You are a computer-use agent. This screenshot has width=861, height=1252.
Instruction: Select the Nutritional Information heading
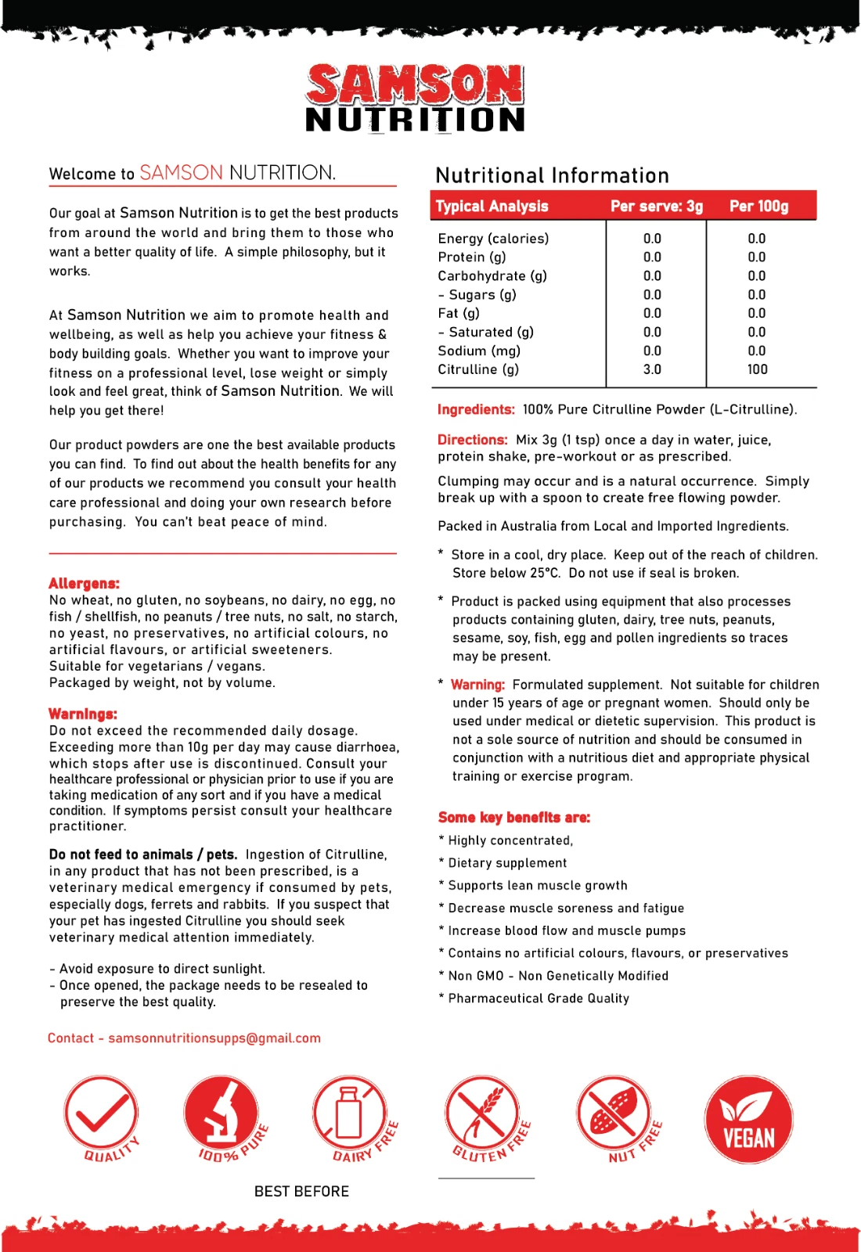pos(552,175)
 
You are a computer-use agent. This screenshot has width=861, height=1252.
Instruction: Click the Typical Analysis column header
pos(492,207)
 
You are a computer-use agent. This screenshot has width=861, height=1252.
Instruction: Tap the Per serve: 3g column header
pos(656,207)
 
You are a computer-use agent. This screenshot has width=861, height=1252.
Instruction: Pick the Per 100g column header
pos(758,207)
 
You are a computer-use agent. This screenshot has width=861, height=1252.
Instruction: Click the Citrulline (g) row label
pos(478,369)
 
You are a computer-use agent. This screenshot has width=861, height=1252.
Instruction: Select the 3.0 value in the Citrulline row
pos(652,369)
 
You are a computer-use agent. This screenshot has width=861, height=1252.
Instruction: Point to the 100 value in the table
pos(757,369)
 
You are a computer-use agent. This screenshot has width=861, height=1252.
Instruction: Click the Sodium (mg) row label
pos(479,351)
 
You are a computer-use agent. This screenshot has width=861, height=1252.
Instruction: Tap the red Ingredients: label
pos(476,409)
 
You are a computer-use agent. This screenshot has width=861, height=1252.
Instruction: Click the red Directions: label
pos(472,440)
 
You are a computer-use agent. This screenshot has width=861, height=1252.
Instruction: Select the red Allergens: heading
pos(84,583)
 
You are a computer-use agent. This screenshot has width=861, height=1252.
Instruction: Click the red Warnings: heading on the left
pos(82,714)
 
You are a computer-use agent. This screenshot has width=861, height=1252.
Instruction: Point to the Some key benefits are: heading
pos(513,817)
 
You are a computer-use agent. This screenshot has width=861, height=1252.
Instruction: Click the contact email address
pos(214,1038)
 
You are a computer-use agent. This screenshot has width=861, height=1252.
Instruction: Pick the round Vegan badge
pos(748,1120)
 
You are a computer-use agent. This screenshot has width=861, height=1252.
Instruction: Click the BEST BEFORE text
pos(301,1191)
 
